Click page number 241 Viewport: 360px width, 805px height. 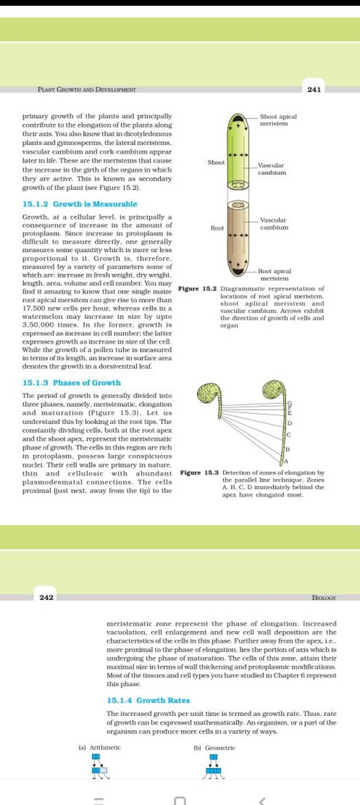tap(314, 90)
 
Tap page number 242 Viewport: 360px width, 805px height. tap(46, 598)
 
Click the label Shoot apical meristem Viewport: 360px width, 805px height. tap(278, 120)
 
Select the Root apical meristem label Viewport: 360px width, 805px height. tap(274, 275)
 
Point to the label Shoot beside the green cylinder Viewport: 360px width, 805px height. tap(216, 162)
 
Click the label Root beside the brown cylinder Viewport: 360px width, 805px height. tap(217, 228)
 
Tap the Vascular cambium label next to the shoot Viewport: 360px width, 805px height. tap(272, 169)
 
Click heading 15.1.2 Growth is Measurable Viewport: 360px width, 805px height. tap(80, 204)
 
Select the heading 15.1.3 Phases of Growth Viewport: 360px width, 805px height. tap(71, 383)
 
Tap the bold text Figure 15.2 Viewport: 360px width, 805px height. tap(198, 289)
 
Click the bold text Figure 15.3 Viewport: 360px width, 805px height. tap(199, 473)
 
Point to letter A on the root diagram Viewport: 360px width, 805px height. tap(287, 461)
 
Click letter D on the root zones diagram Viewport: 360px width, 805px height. tap(290, 423)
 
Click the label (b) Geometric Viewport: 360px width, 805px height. tap(214, 748)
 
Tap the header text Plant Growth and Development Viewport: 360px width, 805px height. tap(87, 90)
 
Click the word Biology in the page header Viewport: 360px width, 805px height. tap(324, 598)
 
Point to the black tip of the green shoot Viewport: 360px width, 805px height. tap(238, 117)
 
